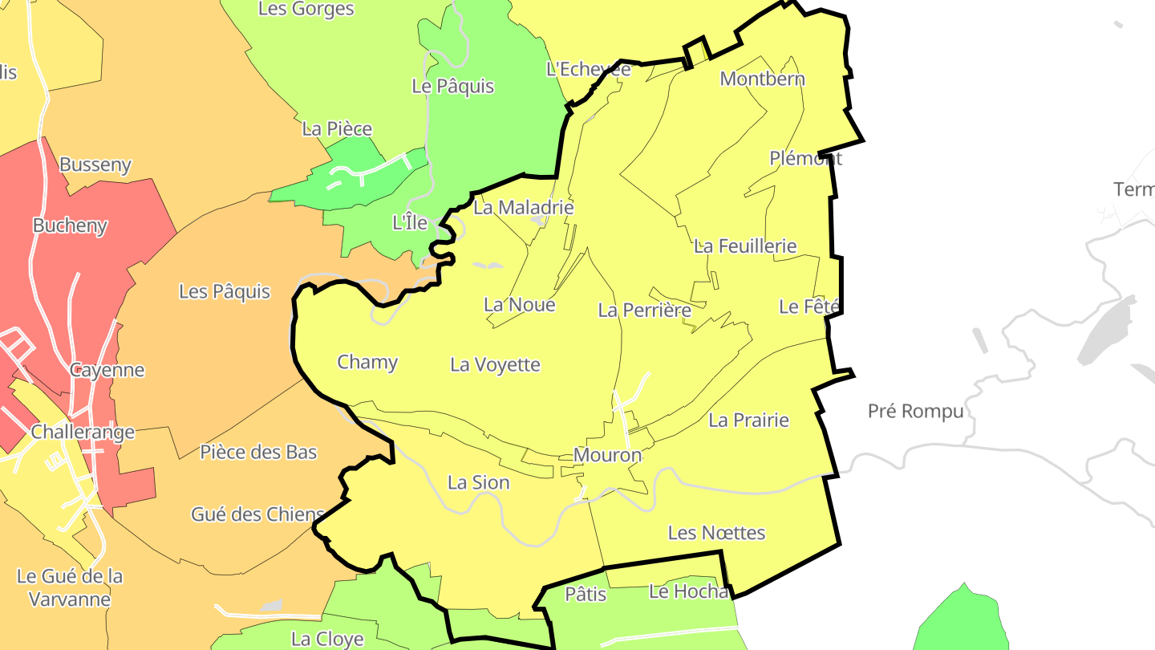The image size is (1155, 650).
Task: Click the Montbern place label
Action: pyautogui.click(x=762, y=79)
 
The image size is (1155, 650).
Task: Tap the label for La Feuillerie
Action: pyautogui.click(x=745, y=246)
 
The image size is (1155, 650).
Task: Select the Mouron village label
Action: pyautogui.click(x=607, y=456)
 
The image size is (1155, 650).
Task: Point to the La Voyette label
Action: pyautogui.click(x=495, y=365)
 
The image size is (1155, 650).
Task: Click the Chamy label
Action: pyautogui.click(x=367, y=362)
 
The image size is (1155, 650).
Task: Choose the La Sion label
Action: pyautogui.click(x=478, y=483)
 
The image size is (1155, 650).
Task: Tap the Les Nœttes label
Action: pyautogui.click(x=716, y=533)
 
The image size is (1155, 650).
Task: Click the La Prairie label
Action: pyautogui.click(x=748, y=420)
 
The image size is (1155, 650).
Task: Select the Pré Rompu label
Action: pyautogui.click(x=915, y=412)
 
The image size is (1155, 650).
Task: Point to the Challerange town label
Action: pyautogui.click(x=83, y=433)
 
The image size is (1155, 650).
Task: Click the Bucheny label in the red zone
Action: pyautogui.click(x=70, y=226)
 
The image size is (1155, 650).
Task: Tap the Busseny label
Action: pyautogui.click(x=95, y=165)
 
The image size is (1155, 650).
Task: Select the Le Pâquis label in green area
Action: pyautogui.click(x=452, y=87)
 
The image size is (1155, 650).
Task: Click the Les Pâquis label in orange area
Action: pyautogui.click(x=224, y=292)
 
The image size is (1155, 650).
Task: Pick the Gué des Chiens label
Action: pyautogui.click(x=257, y=515)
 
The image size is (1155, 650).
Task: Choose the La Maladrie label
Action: pyautogui.click(x=523, y=208)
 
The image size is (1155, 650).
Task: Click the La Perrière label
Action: pyautogui.click(x=644, y=311)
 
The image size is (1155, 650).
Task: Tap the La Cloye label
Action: pyautogui.click(x=326, y=640)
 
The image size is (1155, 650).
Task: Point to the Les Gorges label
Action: pyautogui.click(x=306, y=10)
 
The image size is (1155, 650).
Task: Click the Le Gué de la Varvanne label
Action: pyautogui.click(x=69, y=587)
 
